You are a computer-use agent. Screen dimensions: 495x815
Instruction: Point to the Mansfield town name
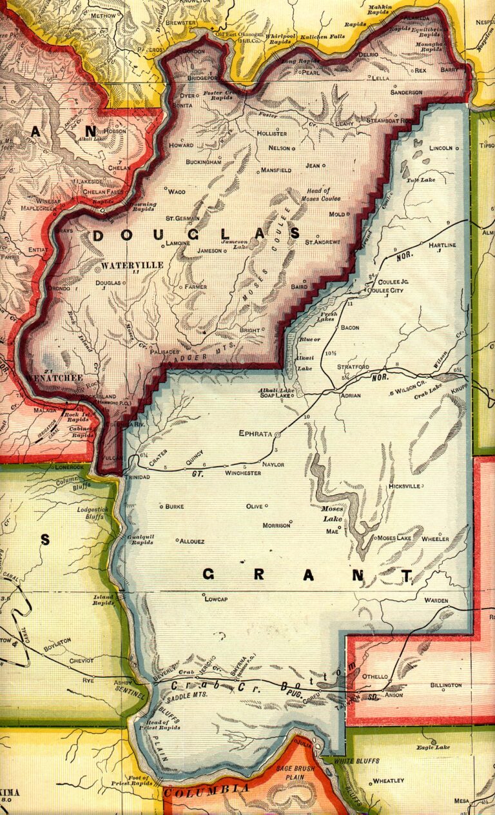[x=275, y=170]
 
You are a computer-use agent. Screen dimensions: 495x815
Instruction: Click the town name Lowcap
[x=217, y=599]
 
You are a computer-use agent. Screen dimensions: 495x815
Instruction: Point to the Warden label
[x=436, y=600]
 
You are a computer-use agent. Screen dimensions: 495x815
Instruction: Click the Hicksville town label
[x=404, y=486]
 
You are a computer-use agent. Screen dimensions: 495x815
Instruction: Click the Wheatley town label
[x=389, y=781]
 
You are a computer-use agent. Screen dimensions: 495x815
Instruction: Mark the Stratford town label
[x=353, y=367]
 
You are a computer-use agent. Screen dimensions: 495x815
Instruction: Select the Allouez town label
[x=192, y=541]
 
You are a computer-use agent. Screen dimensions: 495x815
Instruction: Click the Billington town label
[x=445, y=685]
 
